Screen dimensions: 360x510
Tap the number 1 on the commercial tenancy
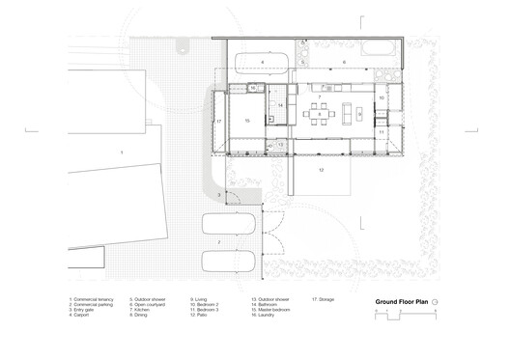point(121,153)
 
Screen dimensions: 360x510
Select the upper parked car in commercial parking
point(229,225)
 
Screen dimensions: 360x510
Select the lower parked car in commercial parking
point(229,263)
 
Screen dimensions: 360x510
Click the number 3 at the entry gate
point(218,195)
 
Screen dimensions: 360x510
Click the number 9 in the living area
point(359,115)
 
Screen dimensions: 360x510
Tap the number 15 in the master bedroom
point(247,120)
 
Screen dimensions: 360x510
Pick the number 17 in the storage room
point(219,122)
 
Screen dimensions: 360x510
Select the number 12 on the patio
point(322,168)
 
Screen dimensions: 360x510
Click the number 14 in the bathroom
point(280,104)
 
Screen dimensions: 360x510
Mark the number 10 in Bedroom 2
point(382,98)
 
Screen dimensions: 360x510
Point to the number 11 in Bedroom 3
point(382,131)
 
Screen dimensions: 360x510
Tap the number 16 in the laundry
point(252,89)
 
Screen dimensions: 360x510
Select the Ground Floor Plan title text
point(401,301)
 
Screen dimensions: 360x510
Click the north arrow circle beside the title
point(436,301)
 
